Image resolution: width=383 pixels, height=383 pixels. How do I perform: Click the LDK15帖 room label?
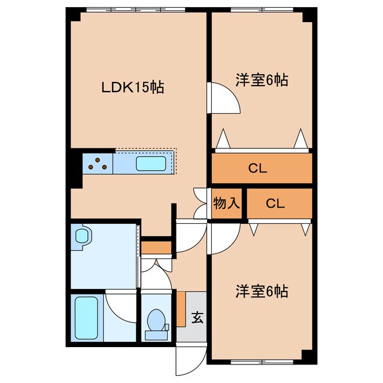(132, 88)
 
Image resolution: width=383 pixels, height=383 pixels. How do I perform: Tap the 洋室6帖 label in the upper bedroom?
(261, 80)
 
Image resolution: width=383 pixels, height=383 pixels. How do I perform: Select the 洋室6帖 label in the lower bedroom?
(261, 291)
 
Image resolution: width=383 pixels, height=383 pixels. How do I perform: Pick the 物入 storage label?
(227, 203)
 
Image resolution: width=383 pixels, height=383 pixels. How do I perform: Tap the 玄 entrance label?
(197, 317)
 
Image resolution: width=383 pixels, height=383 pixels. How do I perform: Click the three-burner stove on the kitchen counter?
(96, 163)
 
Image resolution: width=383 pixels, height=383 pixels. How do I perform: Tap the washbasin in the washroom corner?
(81, 236)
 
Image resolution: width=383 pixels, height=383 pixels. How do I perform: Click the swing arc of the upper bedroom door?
(226, 98)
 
